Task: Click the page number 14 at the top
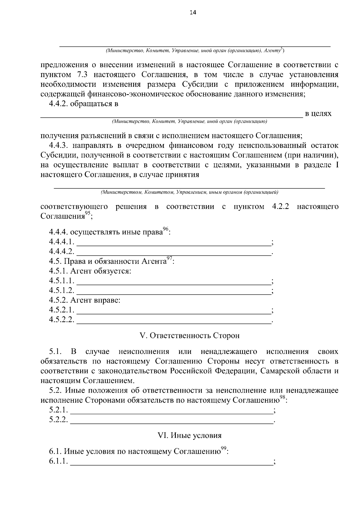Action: coord(193,13)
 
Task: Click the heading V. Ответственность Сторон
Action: coord(190,335)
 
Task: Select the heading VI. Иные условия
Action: coord(190,436)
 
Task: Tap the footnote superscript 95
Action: coord(88,214)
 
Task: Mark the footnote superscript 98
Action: coord(283,397)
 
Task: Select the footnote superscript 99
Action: coord(223,448)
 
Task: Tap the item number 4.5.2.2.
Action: coord(61,320)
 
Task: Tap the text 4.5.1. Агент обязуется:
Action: coord(90,271)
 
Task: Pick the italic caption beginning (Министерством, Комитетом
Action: coord(189,192)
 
